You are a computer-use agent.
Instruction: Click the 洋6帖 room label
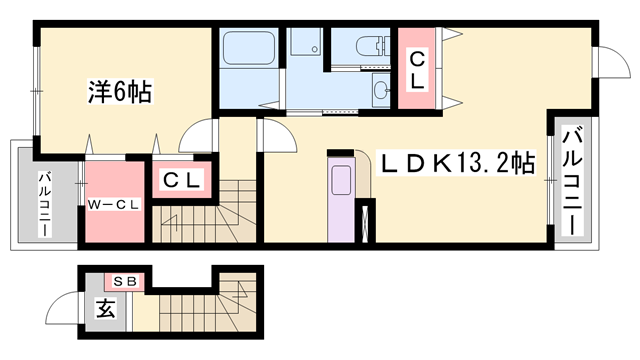[x=120, y=92]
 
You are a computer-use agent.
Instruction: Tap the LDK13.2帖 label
[x=456, y=164]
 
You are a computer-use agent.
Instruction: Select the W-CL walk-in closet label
[x=114, y=205]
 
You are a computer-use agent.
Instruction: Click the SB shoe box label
[x=124, y=281]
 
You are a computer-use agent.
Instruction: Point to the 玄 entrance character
[x=105, y=308]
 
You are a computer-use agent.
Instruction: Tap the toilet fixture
[x=372, y=45]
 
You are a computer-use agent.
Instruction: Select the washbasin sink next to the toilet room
[x=382, y=90]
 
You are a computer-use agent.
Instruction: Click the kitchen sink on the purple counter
[x=341, y=180]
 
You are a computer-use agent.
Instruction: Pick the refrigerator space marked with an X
[x=364, y=223]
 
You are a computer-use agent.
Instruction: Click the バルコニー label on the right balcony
[x=572, y=181]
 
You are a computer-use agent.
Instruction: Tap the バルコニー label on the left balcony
[x=45, y=204]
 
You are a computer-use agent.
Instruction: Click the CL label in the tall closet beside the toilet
[x=417, y=70]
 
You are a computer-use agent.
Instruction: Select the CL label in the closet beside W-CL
[x=182, y=180]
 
